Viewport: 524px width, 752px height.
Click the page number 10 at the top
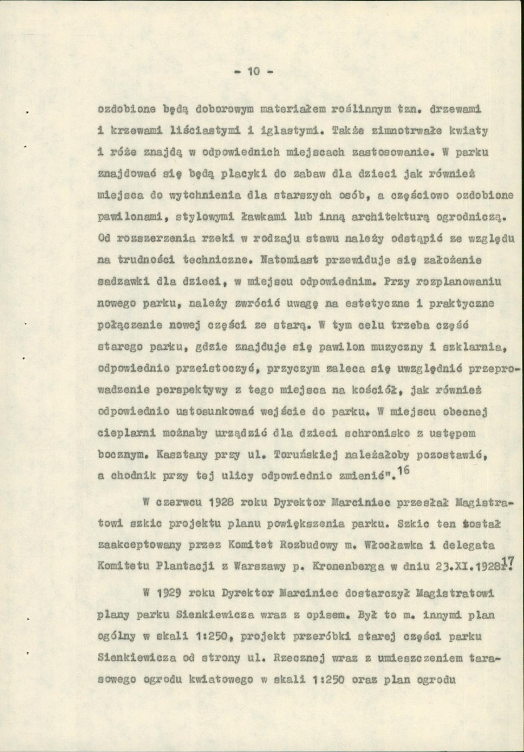(253, 71)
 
